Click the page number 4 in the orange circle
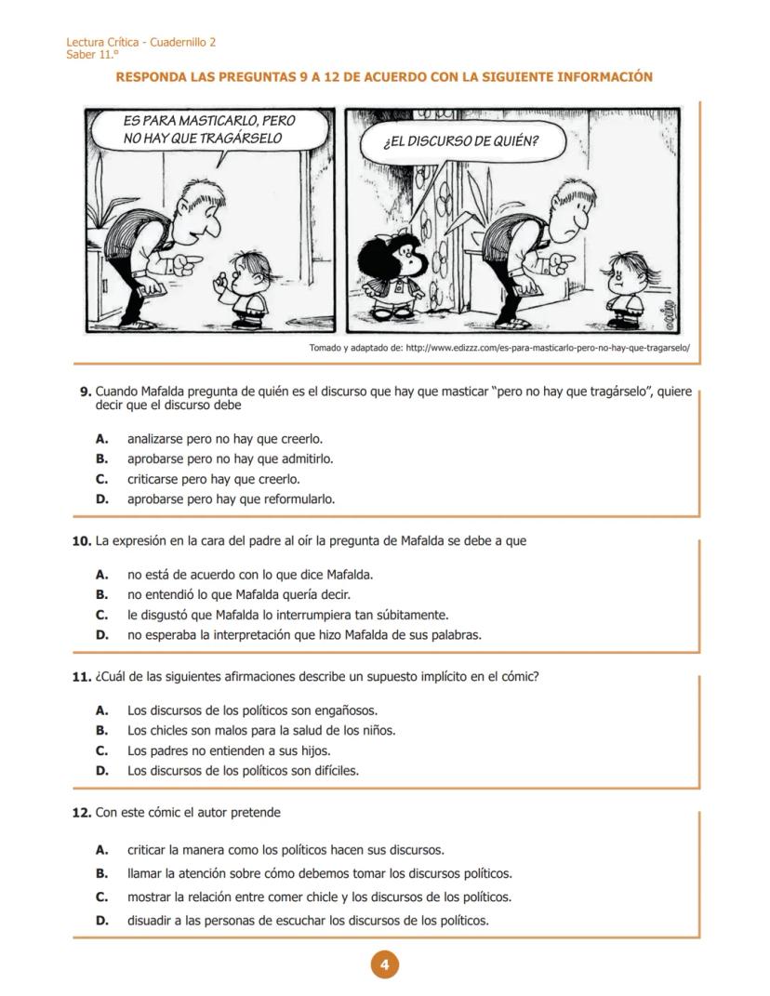[384, 964]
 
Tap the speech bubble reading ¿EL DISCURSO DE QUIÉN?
[460, 142]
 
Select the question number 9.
[85, 392]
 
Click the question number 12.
[82, 813]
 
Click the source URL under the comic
[548, 348]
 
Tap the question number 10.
[82, 541]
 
